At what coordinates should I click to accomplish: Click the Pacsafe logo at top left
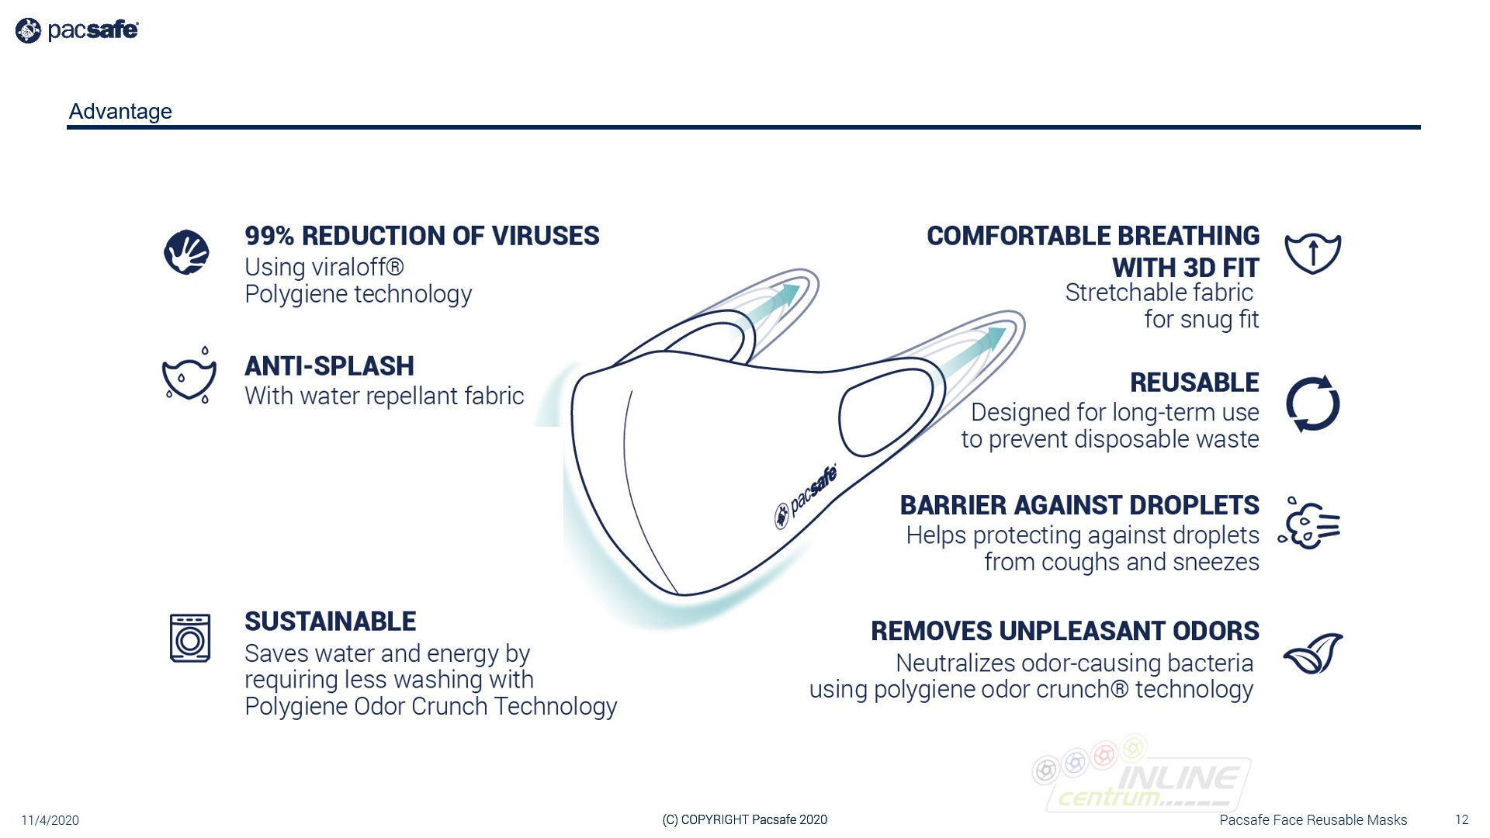click(77, 30)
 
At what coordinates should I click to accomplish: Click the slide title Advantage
click(120, 112)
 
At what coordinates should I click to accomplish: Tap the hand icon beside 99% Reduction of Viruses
click(186, 252)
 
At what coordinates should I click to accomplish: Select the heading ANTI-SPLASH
click(329, 366)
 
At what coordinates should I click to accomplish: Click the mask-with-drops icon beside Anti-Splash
click(189, 376)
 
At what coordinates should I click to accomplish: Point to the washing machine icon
click(190, 638)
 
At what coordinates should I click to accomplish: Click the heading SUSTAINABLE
click(331, 622)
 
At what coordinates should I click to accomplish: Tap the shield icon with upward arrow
click(1312, 253)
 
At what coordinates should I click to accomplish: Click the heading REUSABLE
click(1194, 383)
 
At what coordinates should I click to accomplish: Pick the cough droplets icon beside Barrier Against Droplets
click(1309, 523)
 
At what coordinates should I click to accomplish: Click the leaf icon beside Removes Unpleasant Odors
click(1313, 653)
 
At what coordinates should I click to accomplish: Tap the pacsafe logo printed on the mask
click(806, 497)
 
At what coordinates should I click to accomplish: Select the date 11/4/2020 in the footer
click(50, 820)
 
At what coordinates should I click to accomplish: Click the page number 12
click(1462, 820)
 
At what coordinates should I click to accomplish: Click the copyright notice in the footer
click(745, 820)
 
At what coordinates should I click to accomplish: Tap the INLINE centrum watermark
click(1141, 776)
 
